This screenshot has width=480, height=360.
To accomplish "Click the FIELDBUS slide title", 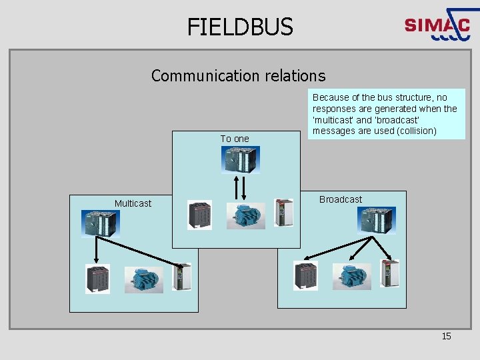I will pos(239,27).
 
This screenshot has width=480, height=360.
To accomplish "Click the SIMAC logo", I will pos(437,25).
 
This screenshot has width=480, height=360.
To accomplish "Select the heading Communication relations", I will pos(238,75).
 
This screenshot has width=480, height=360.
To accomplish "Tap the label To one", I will pos(235,139).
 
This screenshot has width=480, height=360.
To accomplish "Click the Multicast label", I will pos(133,203).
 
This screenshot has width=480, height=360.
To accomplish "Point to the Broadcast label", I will pos(340,199).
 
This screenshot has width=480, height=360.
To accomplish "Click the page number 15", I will pos(446,336).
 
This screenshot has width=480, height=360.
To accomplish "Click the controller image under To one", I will pos(241,159).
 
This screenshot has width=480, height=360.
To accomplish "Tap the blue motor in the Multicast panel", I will pos(143,279).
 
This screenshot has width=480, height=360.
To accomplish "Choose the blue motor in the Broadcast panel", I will pos(351,276).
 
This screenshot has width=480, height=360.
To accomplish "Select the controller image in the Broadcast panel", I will pos(376,220).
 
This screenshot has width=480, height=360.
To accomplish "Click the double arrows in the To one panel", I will pos(241,187).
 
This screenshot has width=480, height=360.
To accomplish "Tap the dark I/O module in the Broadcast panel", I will pos(306,275).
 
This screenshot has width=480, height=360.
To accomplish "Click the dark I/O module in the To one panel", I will pos(200,215).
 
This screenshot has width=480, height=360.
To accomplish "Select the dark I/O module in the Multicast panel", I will pos(98,279).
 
